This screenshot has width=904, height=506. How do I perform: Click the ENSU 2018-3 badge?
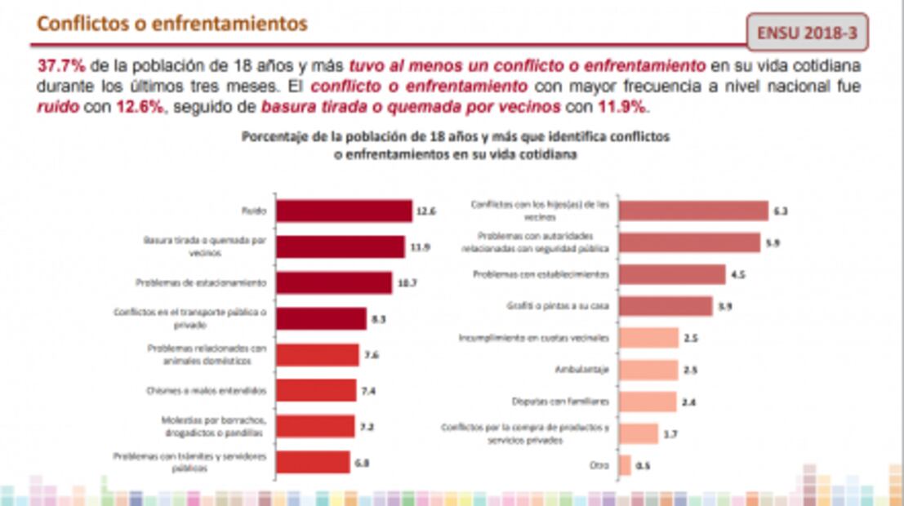[806, 33]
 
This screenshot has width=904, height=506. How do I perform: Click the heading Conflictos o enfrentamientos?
[172, 24]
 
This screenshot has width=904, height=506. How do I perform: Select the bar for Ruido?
[344, 211]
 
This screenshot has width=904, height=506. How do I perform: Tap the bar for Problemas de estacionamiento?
[333, 282]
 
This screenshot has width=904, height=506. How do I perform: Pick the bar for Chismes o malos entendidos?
[316, 390]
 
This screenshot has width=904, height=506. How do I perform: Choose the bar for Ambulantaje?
[648, 370]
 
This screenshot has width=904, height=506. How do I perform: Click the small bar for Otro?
[625, 465]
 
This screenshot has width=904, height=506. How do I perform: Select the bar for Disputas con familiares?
[648, 402]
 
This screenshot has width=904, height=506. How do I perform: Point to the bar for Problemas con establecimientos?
[672, 274]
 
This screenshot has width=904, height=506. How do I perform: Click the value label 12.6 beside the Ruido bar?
[426, 211]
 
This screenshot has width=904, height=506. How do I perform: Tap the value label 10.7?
[406, 283]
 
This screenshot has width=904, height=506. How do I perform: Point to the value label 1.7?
[670, 434]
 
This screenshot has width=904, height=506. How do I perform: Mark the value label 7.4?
[368, 391]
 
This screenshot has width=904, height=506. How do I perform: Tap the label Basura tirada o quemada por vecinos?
[205, 246]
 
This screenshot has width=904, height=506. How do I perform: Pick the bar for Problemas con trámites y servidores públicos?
[313, 463]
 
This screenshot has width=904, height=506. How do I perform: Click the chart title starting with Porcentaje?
[455, 145]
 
